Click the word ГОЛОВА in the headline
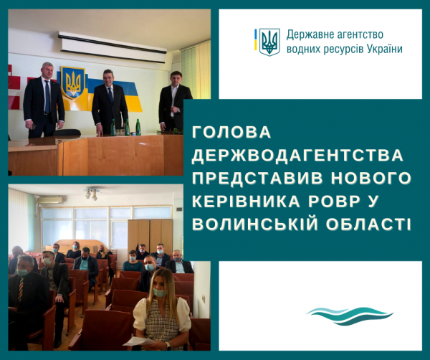point(231,132)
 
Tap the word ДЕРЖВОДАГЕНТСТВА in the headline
point(297,156)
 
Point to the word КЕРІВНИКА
point(247,201)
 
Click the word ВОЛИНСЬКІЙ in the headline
point(255,223)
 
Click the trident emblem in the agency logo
point(269,42)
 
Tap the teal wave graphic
point(350,316)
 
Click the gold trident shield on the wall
point(73,82)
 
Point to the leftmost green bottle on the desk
point(113,128)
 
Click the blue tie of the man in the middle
point(110,95)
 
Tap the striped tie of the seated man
point(21,290)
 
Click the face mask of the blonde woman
point(159,292)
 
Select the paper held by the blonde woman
point(138,341)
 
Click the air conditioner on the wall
point(50,200)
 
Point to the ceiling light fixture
point(92,192)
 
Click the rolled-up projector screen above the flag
point(113,47)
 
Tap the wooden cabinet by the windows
point(150,235)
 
